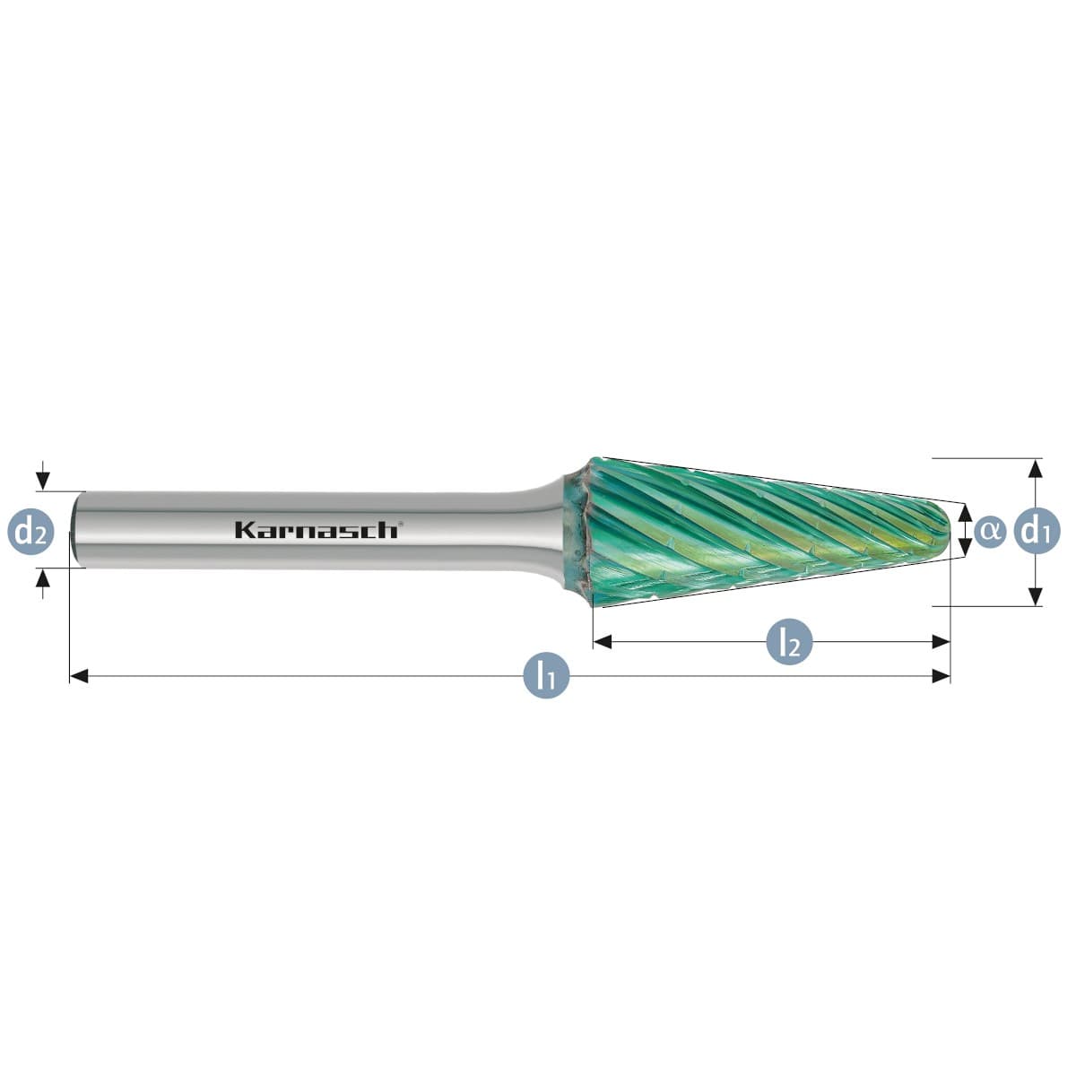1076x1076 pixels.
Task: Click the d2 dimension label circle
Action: (30, 531)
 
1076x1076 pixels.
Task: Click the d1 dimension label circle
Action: (1037, 531)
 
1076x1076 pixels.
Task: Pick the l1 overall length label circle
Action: (546, 676)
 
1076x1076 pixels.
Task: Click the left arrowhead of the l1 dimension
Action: (79, 676)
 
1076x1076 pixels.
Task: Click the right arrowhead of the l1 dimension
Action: (941, 676)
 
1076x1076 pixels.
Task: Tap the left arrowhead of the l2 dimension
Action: (603, 642)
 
